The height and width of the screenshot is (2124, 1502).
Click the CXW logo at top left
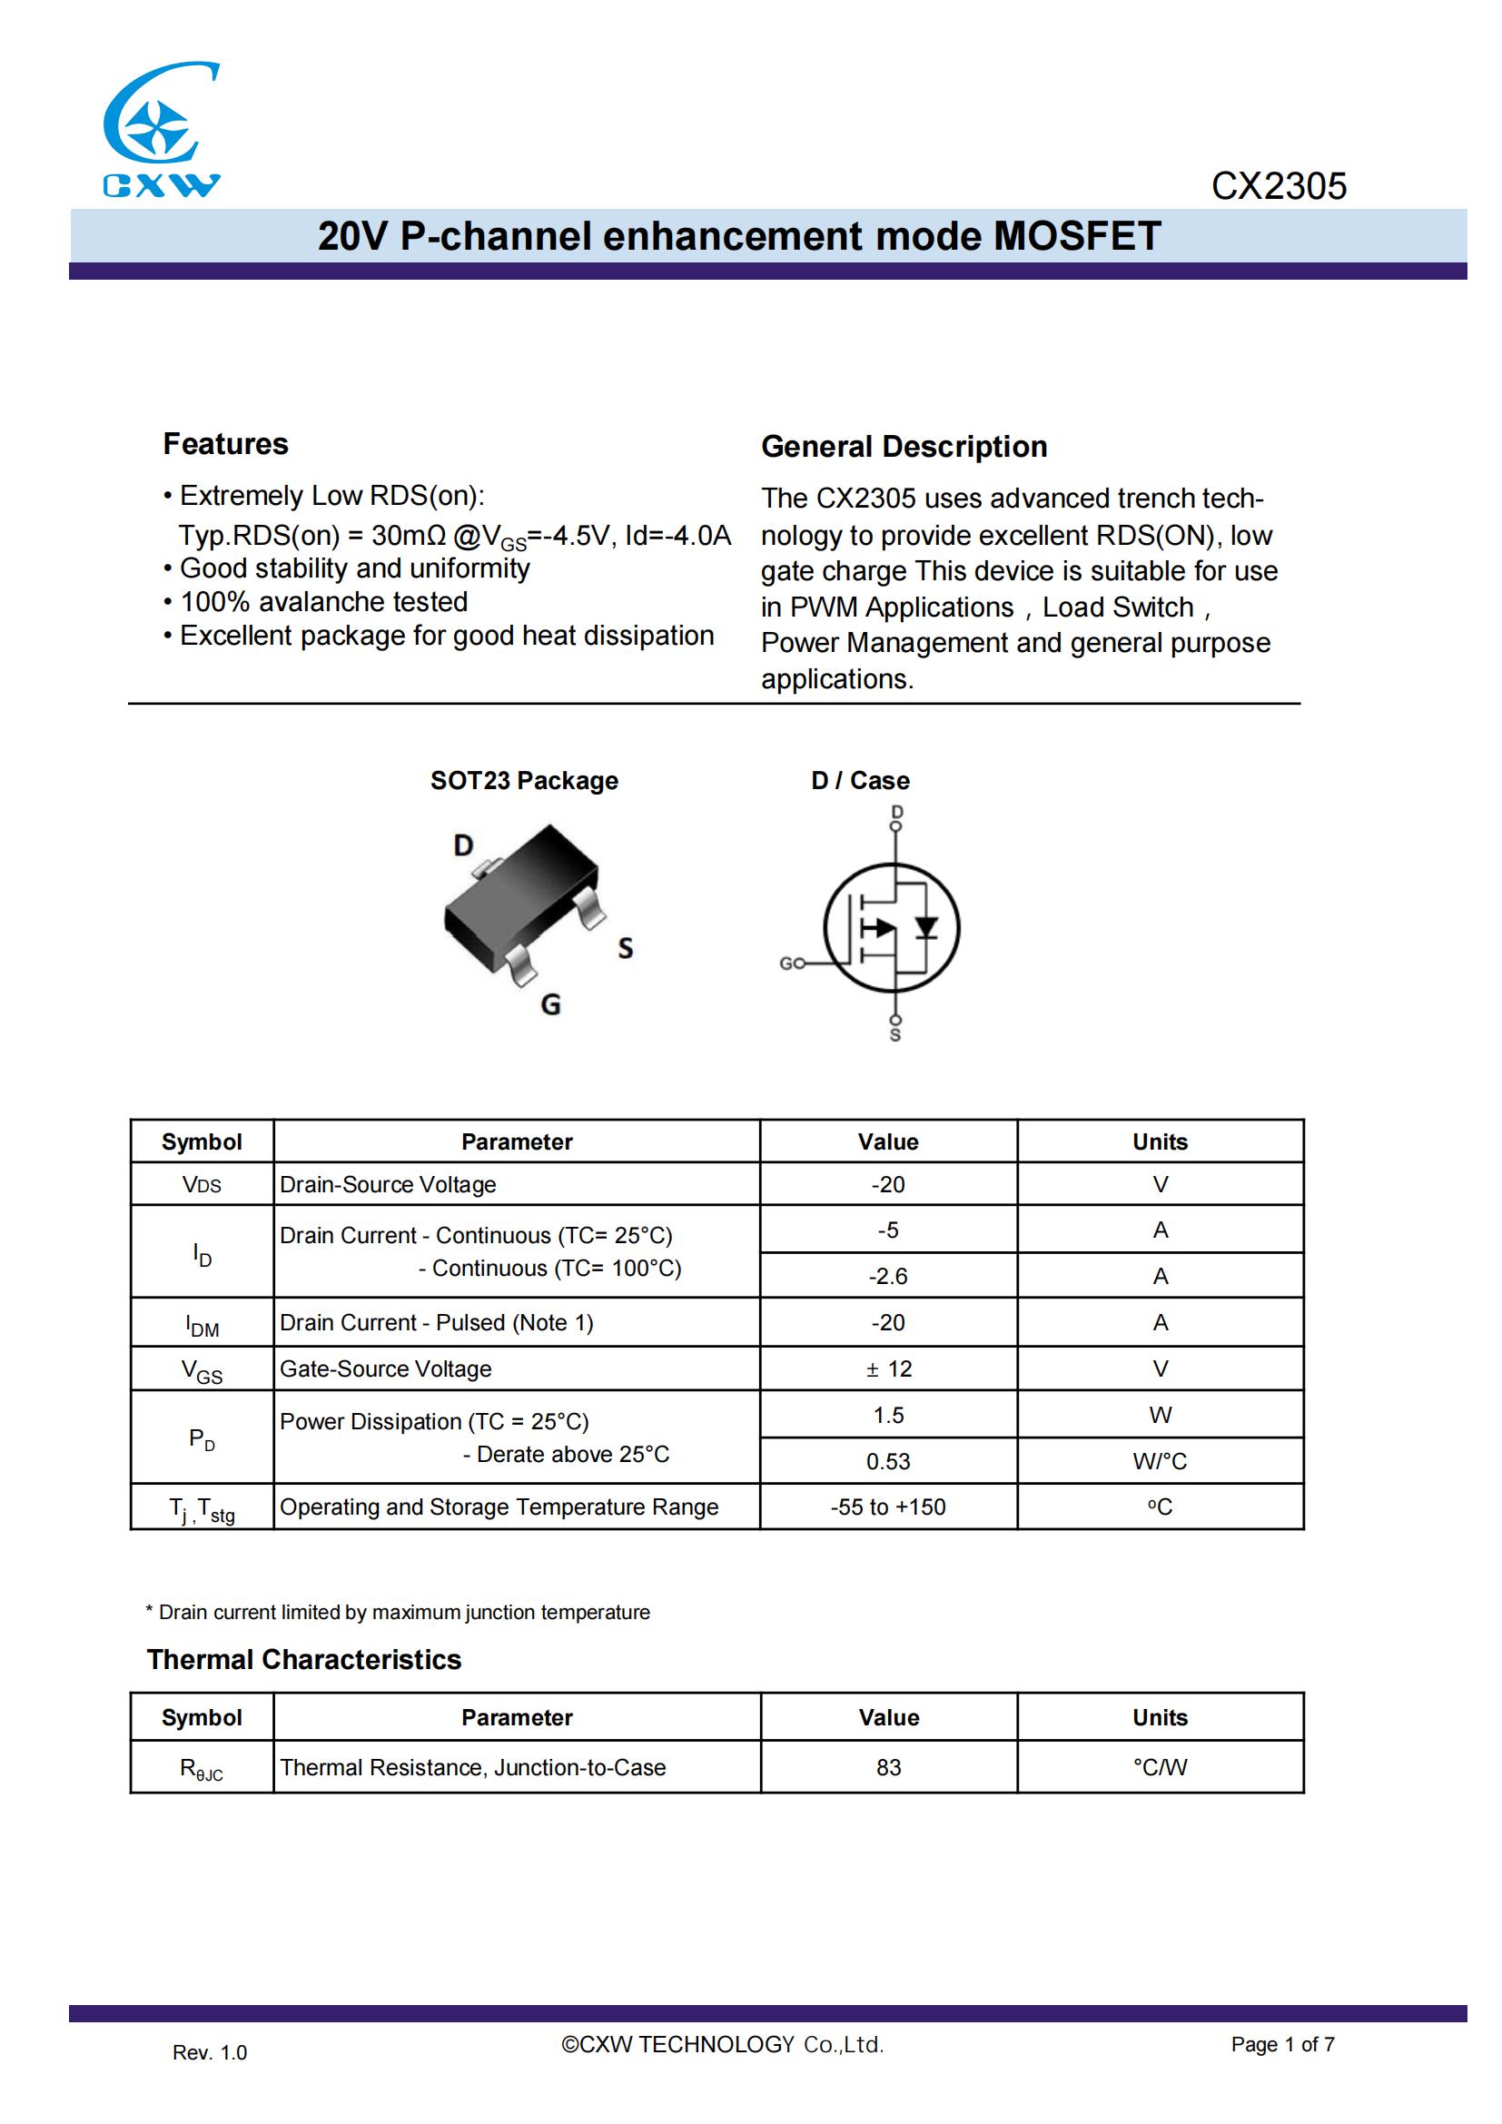tap(160, 130)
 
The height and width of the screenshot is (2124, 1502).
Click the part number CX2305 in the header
tap(1279, 186)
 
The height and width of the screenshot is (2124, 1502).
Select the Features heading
tap(226, 444)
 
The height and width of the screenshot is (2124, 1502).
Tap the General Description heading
tap(904, 447)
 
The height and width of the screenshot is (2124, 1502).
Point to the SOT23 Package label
tap(523, 781)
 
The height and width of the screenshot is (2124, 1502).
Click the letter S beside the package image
tap(625, 948)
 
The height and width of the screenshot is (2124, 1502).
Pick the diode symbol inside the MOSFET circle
tap(925, 927)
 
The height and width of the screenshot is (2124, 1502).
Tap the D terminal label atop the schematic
tap(896, 812)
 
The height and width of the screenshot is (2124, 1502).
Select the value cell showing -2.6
tap(888, 1277)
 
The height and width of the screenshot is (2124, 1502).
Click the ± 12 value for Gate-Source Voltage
tap(888, 1369)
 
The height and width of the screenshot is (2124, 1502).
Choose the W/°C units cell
tap(1160, 1462)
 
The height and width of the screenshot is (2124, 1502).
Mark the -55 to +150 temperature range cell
tap(888, 1507)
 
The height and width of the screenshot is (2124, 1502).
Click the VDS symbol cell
tap(202, 1185)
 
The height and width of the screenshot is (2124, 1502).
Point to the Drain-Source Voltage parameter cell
tap(388, 1185)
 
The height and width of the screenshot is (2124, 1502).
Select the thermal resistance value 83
tap(888, 1768)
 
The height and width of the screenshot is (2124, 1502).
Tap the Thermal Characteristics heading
tap(303, 1660)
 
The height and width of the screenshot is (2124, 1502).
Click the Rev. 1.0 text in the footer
tap(210, 2053)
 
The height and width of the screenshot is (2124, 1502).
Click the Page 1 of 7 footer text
tap(1282, 2044)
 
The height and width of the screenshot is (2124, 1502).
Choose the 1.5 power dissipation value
tap(888, 1416)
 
